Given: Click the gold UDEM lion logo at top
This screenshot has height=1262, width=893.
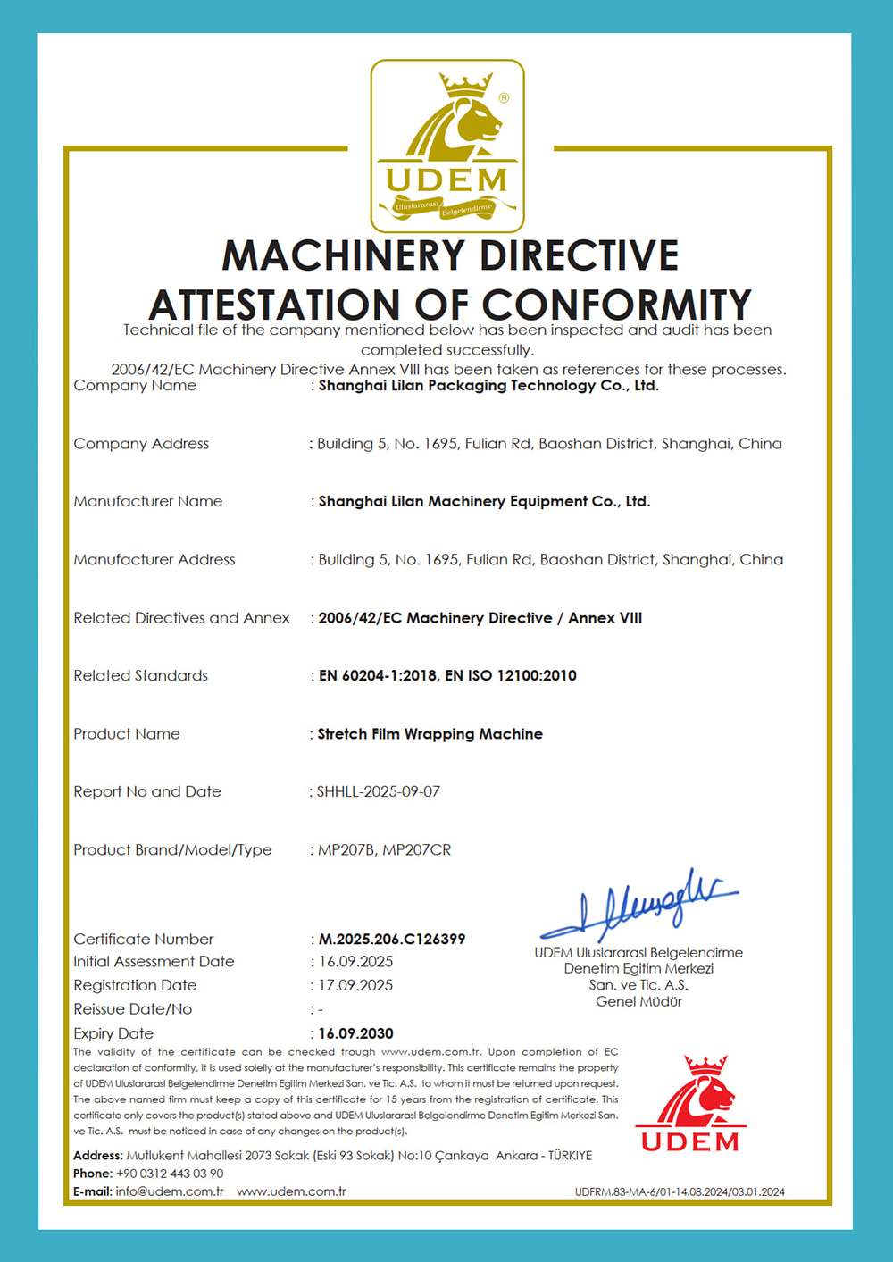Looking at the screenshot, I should [447, 146].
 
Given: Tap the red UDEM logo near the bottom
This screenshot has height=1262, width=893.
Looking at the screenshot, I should [690, 1104].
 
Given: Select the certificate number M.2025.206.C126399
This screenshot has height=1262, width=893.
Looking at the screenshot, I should [392, 939].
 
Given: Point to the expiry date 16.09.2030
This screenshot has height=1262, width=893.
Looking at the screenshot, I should [355, 1033].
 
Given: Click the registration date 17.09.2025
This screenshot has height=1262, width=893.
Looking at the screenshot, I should [355, 985].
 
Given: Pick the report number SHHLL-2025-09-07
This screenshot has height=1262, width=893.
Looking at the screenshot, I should [379, 791].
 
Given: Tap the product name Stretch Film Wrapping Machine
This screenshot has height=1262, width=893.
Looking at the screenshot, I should [430, 734].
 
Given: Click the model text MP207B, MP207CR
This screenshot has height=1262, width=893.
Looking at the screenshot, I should [385, 849].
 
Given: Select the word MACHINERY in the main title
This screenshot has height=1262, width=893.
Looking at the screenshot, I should [346, 255].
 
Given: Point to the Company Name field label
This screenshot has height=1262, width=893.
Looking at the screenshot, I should [135, 386].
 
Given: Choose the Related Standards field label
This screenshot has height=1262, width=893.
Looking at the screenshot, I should [140, 676].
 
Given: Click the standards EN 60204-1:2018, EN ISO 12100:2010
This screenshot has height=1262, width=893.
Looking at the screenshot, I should [447, 676].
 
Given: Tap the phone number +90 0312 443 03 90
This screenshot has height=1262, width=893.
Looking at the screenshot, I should [170, 1174].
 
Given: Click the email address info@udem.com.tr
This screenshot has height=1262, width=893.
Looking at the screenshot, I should [170, 1191].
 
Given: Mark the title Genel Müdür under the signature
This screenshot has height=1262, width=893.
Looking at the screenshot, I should [638, 1001].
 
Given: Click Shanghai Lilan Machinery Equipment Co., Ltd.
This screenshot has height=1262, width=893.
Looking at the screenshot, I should [484, 502].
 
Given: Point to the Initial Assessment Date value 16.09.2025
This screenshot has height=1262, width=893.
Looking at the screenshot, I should [355, 962].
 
